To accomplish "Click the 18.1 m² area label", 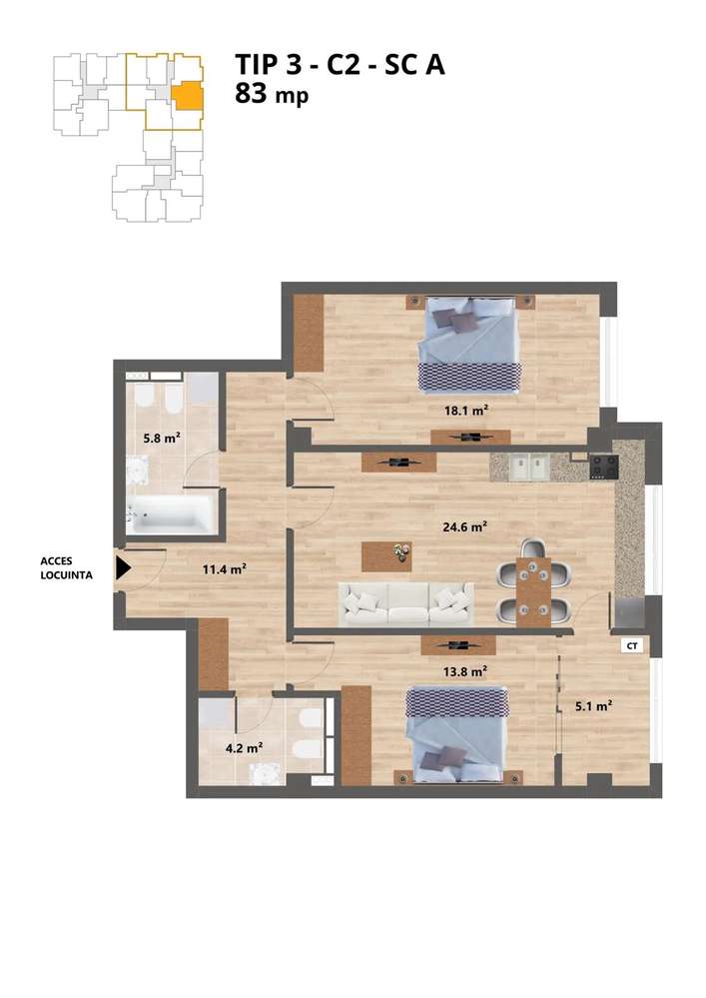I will tap(465, 409).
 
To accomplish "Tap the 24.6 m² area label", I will tap(465, 526).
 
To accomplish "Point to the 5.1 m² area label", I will tap(593, 705).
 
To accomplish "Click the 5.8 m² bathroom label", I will tap(160, 437).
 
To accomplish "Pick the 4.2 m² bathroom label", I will tap(243, 745).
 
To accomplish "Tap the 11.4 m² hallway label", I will tap(224, 569).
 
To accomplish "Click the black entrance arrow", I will tap(123, 568).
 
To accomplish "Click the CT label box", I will tap(631, 646).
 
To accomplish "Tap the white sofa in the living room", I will tap(404, 602).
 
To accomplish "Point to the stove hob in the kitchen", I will tap(603, 466).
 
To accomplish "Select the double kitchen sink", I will tap(528, 466).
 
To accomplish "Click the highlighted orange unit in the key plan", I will tap(187, 96).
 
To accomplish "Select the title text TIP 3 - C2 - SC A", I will tap(340, 65).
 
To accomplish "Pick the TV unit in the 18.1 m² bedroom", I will tap(470, 437).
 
